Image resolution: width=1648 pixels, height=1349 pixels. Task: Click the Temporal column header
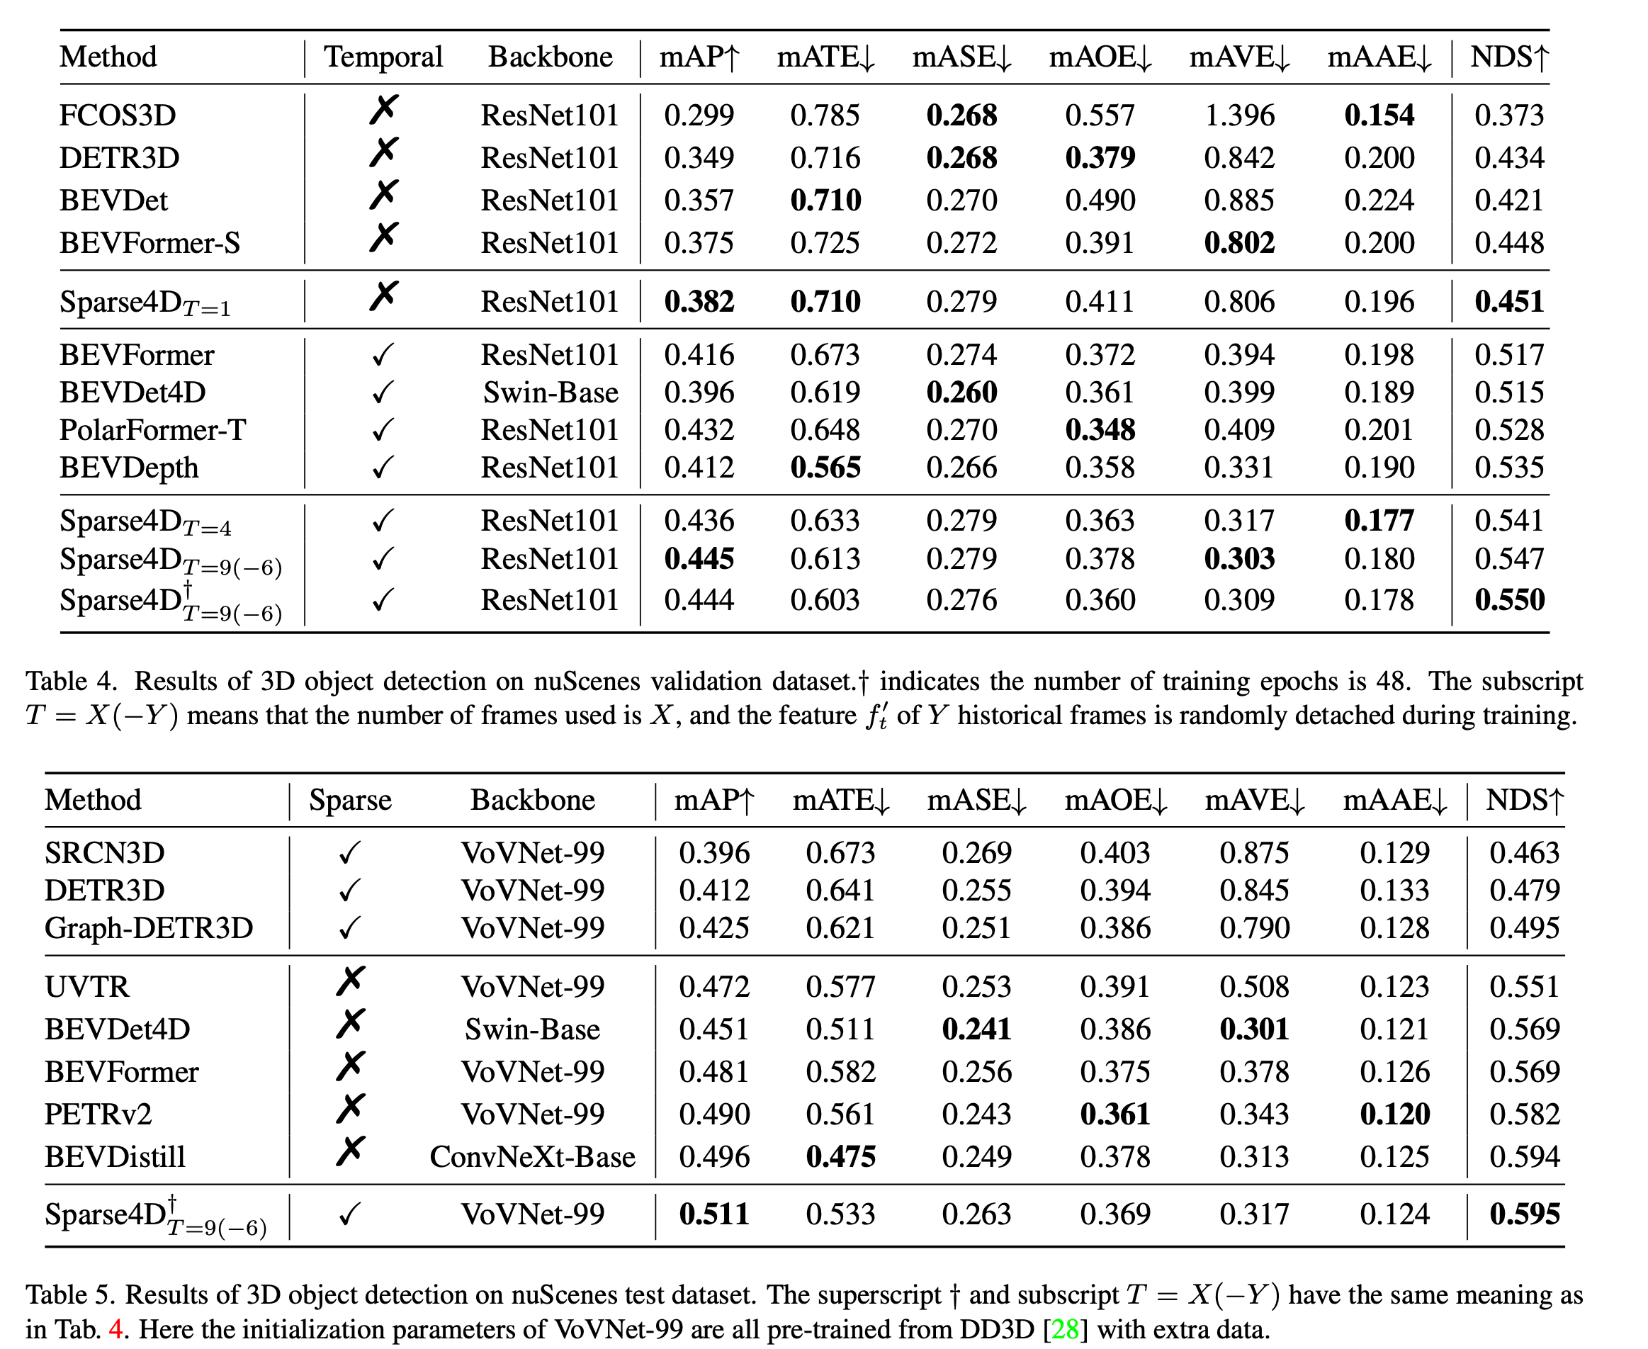(x=383, y=57)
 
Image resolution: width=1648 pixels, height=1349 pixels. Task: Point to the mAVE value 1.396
(x=1239, y=115)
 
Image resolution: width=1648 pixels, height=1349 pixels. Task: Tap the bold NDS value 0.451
(x=1509, y=302)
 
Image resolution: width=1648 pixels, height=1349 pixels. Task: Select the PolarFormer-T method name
(x=152, y=430)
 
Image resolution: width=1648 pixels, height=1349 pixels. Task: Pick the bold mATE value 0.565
(x=825, y=468)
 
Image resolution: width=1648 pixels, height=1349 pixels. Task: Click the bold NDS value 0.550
(x=1509, y=600)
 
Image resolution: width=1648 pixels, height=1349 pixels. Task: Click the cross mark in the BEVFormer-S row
(x=384, y=238)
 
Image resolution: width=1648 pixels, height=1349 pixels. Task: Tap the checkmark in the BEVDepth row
(x=383, y=468)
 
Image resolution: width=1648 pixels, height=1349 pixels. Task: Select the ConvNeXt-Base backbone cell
(x=532, y=1157)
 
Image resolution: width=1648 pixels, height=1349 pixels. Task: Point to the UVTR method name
(x=87, y=987)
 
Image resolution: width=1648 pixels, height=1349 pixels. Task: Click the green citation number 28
(x=1063, y=1330)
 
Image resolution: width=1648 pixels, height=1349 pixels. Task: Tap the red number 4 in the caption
(x=115, y=1330)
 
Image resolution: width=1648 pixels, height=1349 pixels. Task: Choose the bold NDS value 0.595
(x=1524, y=1214)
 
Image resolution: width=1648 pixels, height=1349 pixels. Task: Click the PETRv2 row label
(x=98, y=1114)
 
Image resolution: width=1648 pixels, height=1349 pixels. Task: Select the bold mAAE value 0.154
(x=1379, y=115)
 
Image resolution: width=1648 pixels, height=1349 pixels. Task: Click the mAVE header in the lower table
(x=1254, y=801)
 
